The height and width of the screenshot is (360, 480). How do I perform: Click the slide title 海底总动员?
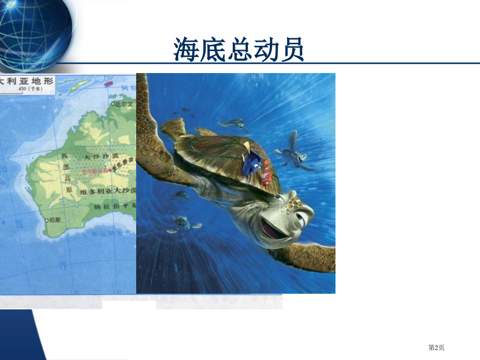tap(239, 51)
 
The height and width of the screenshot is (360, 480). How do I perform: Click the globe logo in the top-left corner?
tap(31, 31)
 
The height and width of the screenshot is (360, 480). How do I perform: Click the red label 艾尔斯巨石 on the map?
tap(94, 171)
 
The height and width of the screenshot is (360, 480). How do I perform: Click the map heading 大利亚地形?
tap(26, 81)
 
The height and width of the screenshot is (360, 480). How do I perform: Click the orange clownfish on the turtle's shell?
tap(266, 172)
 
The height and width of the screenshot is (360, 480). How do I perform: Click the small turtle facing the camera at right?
tap(296, 151)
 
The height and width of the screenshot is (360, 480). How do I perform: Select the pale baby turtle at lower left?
tap(183, 224)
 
